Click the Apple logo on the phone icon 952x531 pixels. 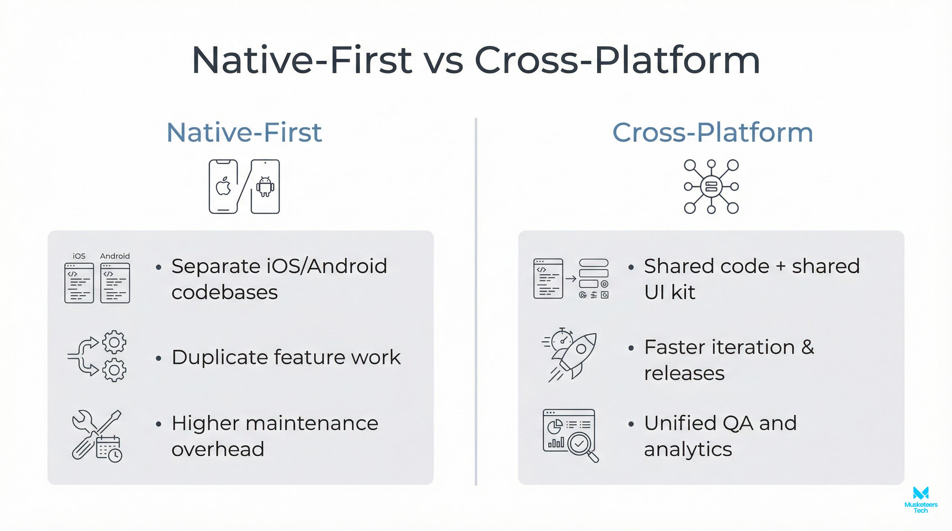point(223,186)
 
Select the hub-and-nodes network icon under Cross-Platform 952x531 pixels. point(711,186)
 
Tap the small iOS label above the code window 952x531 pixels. point(79,256)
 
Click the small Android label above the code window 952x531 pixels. point(115,256)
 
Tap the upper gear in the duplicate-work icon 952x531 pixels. point(114,342)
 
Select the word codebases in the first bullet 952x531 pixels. point(224,292)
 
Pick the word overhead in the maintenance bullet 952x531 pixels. point(218,449)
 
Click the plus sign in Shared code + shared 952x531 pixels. point(780,267)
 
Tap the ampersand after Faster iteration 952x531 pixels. point(807,347)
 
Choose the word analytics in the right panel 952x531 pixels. point(688,449)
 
